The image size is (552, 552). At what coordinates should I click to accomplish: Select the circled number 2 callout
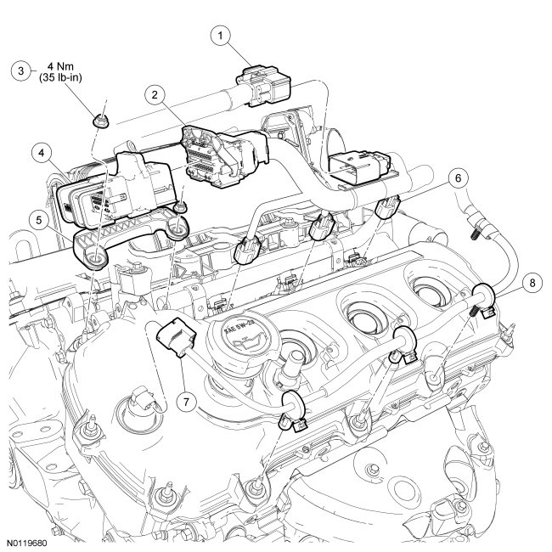(x=154, y=95)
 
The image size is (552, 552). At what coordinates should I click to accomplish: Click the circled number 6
(x=457, y=178)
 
